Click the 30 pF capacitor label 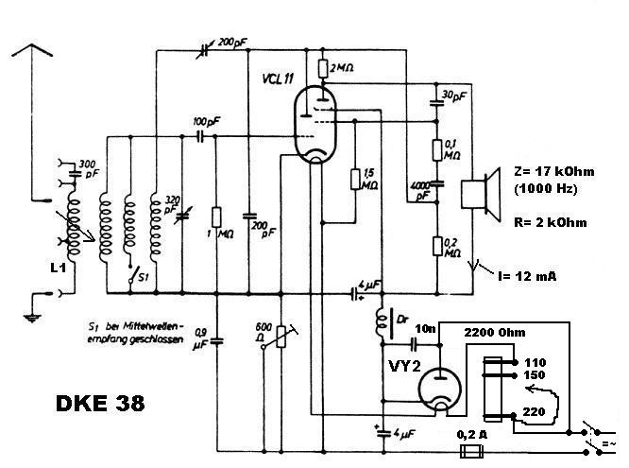click(454, 95)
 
